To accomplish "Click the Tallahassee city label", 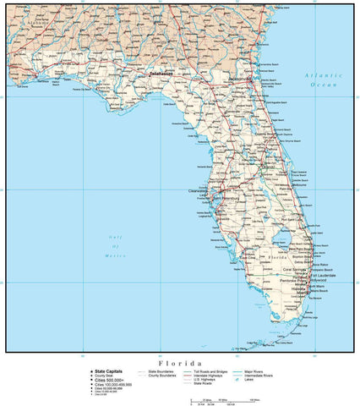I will tap(164, 74).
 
